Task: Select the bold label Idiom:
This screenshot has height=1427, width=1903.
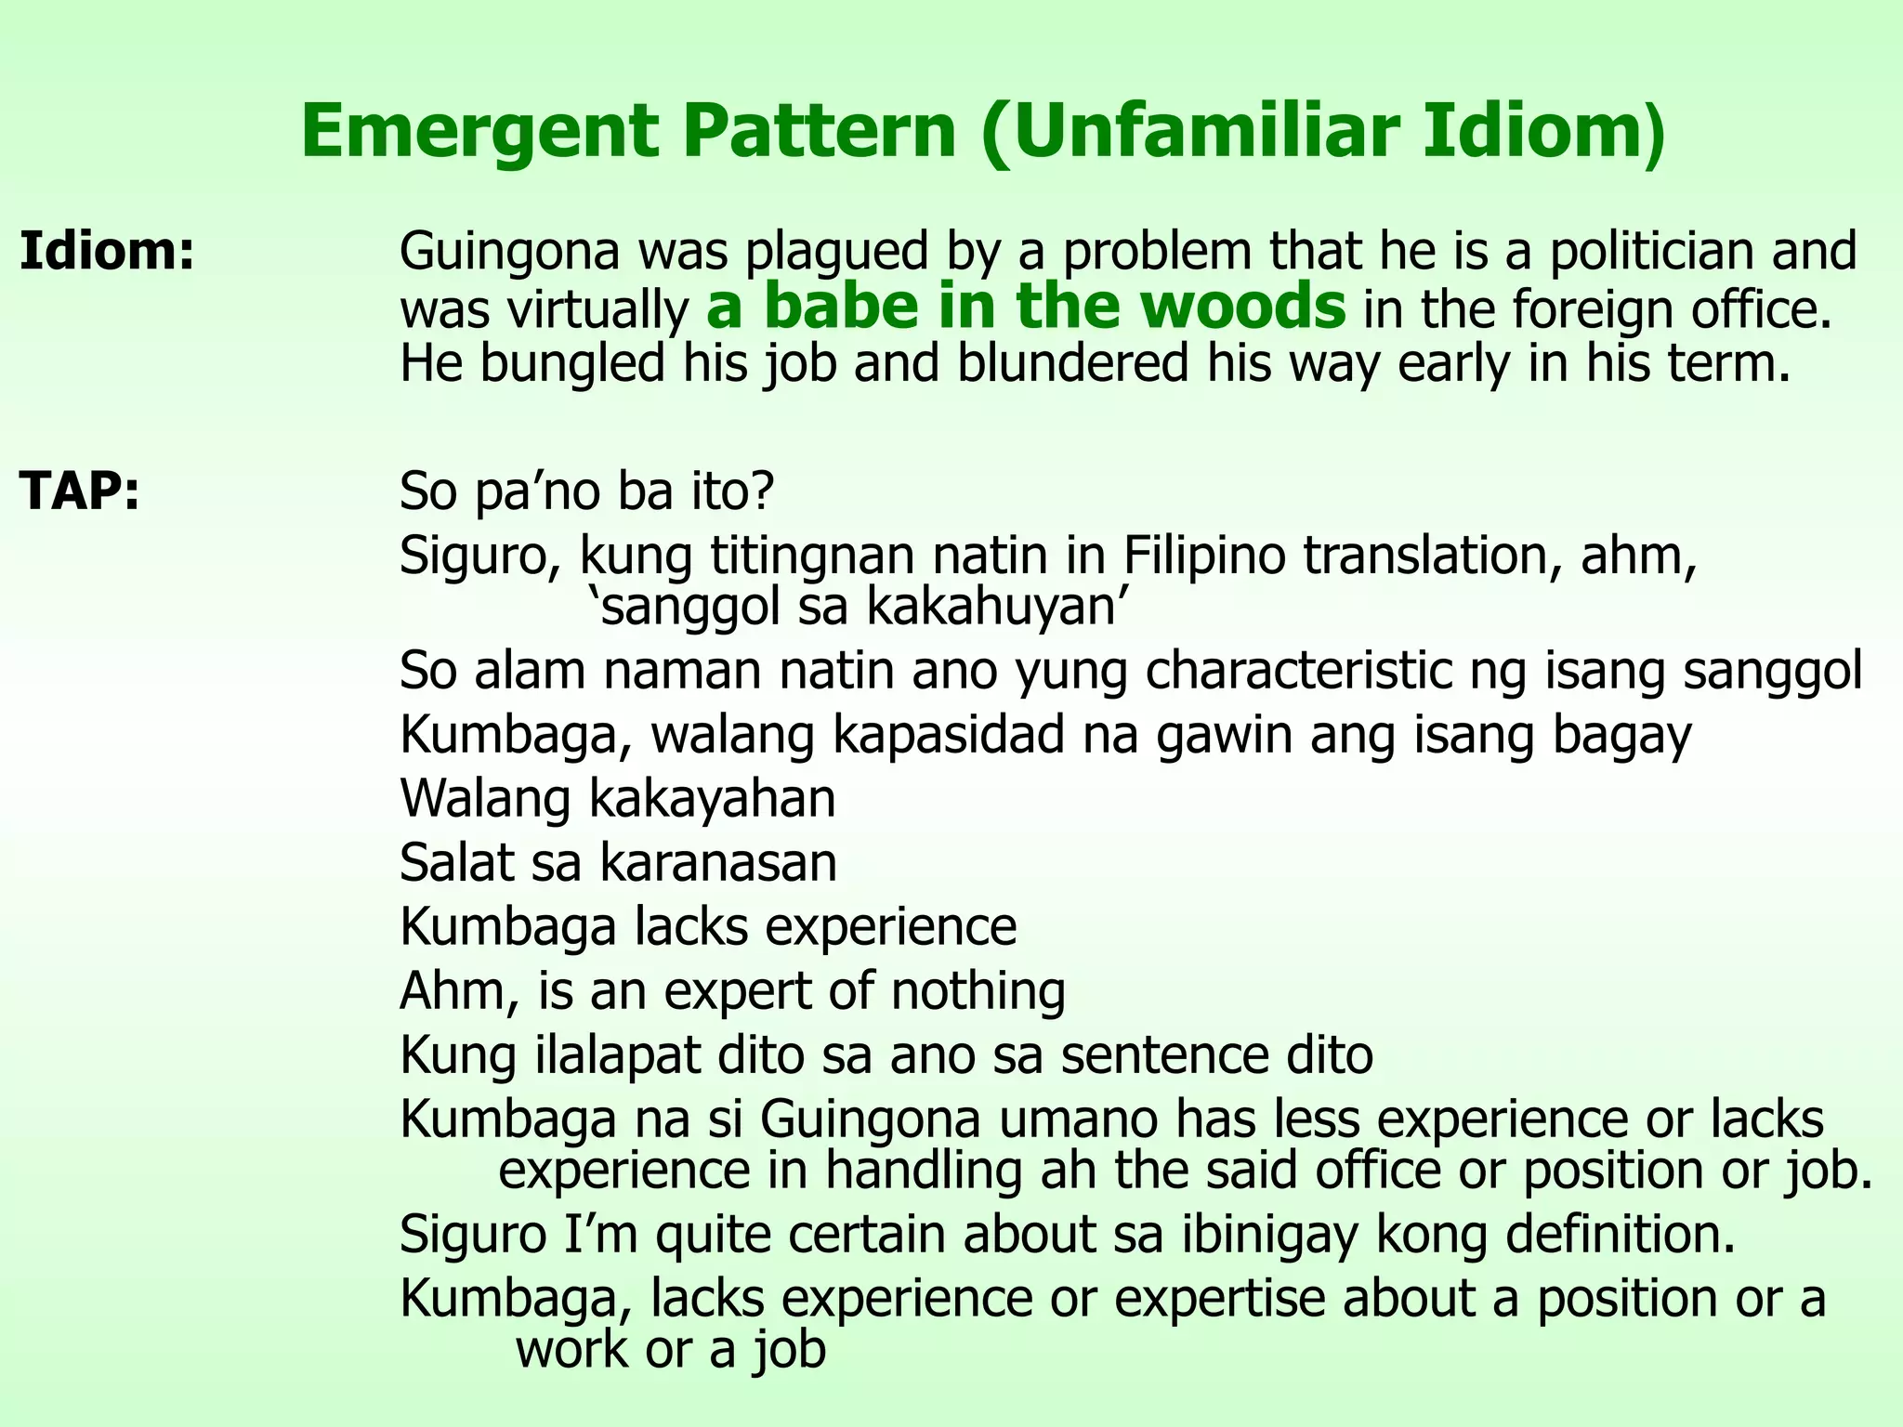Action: pyautogui.click(x=108, y=252)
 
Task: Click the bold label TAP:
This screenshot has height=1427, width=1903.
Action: pyautogui.click(x=80, y=491)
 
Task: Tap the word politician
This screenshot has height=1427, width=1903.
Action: pyautogui.click(x=1651, y=252)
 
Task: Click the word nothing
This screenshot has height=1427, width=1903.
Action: pyautogui.click(x=978, y=991)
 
